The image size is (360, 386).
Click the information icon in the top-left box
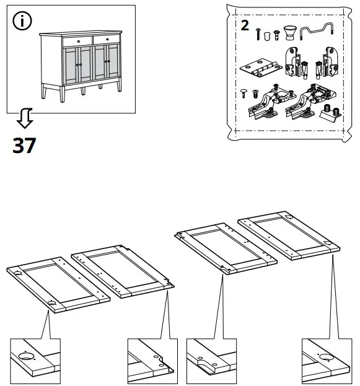[x=23, y=21]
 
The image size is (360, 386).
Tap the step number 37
[x=24, y=146]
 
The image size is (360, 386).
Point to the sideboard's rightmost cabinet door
[x=112, y=68]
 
